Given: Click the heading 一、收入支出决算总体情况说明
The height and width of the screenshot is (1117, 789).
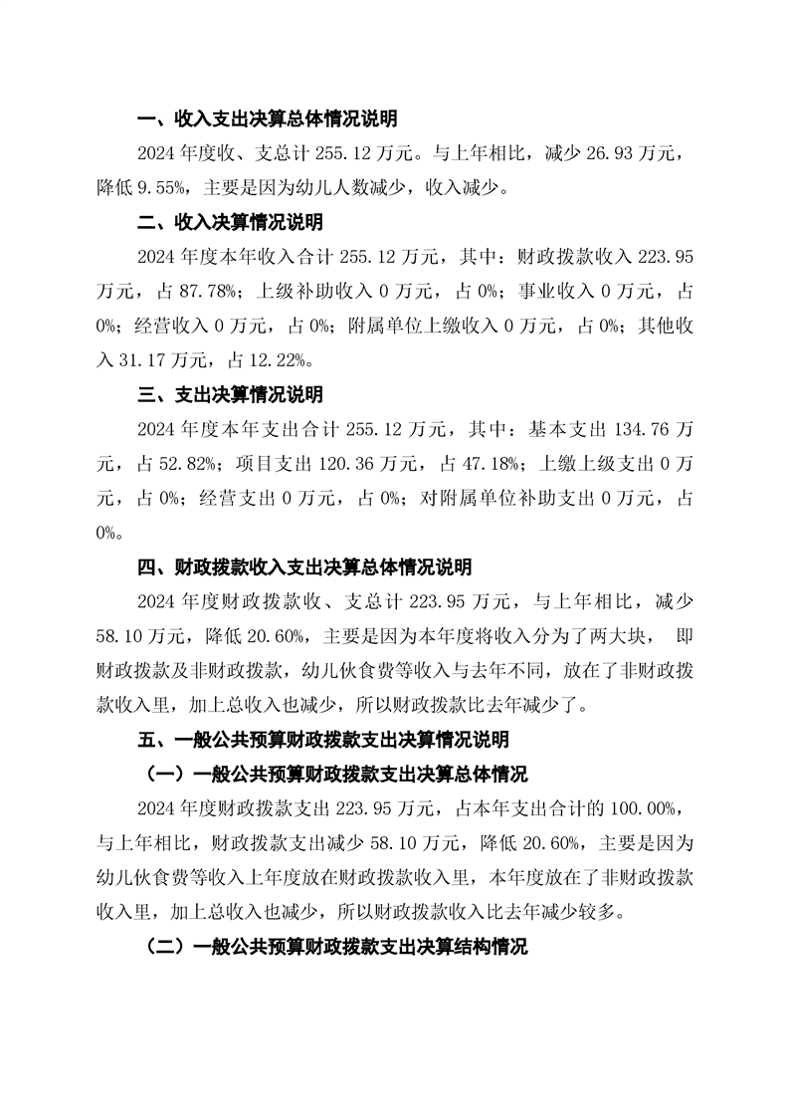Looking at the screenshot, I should coord(267,120).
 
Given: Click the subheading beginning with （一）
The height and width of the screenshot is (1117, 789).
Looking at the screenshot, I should coord(336,775).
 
